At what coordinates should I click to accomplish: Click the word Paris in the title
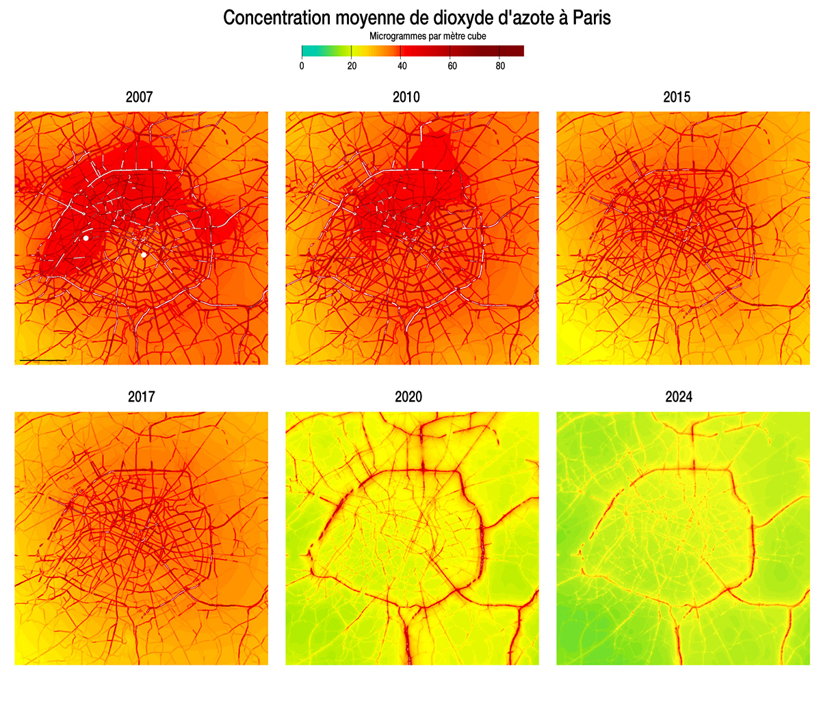[592, 18]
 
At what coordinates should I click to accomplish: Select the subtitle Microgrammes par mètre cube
[428, 36]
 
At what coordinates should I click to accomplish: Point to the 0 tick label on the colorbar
[302, 66]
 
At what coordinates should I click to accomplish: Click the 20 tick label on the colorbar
[352, 66]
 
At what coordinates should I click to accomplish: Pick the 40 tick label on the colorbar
[402, 66]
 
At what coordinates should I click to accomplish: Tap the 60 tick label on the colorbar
[452, 66]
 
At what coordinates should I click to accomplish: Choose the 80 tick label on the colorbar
[501, 66]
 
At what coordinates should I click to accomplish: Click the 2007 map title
[140, 97]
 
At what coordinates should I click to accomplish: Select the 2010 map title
[406, 97]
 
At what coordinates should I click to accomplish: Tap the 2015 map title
[677, 97]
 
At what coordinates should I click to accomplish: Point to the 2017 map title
[141, 397]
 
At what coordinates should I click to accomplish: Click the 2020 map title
[408, 397]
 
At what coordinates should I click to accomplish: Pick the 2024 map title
[679, 397]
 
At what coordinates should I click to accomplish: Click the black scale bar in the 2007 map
[43, 360]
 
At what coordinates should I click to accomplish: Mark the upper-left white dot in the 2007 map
[86, 238]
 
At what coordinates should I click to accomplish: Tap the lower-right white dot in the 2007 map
[144, 255]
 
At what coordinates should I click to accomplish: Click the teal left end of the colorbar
[305, 51]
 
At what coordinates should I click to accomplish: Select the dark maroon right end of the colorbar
[519, 51]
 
